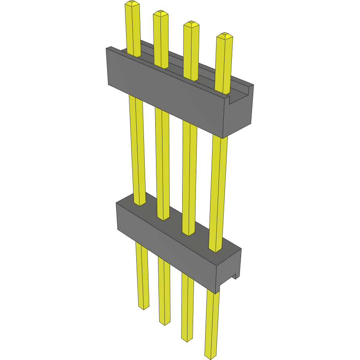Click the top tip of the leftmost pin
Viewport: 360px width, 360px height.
click(x=132, y=4)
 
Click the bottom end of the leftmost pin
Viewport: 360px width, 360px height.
click(x=144, y=308)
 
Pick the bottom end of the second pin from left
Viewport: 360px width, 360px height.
click(x=164, y=323)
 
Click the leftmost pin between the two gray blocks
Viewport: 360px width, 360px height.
click(x=137, y=149)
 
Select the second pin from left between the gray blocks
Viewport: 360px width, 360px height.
click(x=162, y=161)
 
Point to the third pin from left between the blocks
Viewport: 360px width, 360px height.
click(x=188, y=173)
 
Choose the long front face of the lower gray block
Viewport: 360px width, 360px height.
click(x=165, y=242)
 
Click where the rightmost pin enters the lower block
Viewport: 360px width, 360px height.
click(x=215, y=249)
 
